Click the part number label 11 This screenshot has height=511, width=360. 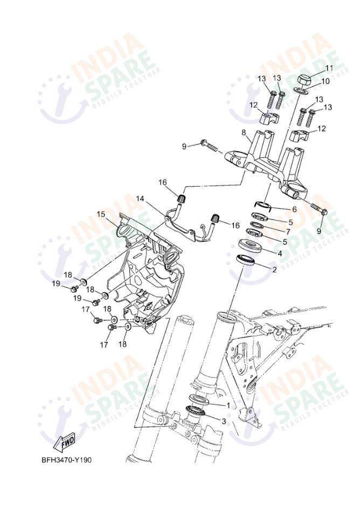pos(329,68)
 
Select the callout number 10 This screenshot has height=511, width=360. pos(326,81)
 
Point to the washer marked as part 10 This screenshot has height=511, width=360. pos(302,90)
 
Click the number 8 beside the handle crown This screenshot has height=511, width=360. pos(244,133)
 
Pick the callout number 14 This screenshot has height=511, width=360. pos(140,198)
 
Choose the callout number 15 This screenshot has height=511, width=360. pos(101,214)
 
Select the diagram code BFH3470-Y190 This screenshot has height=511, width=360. pos(66,460)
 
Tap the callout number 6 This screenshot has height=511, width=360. pos(294,210)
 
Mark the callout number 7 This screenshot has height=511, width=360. pos(288,232)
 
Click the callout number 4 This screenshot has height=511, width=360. pos(280,253)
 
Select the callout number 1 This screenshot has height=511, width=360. pos(228,405)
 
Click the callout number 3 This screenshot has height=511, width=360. pos(224,422)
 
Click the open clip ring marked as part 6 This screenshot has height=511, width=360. pos(263,205)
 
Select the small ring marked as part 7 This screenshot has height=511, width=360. pos(256,225)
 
